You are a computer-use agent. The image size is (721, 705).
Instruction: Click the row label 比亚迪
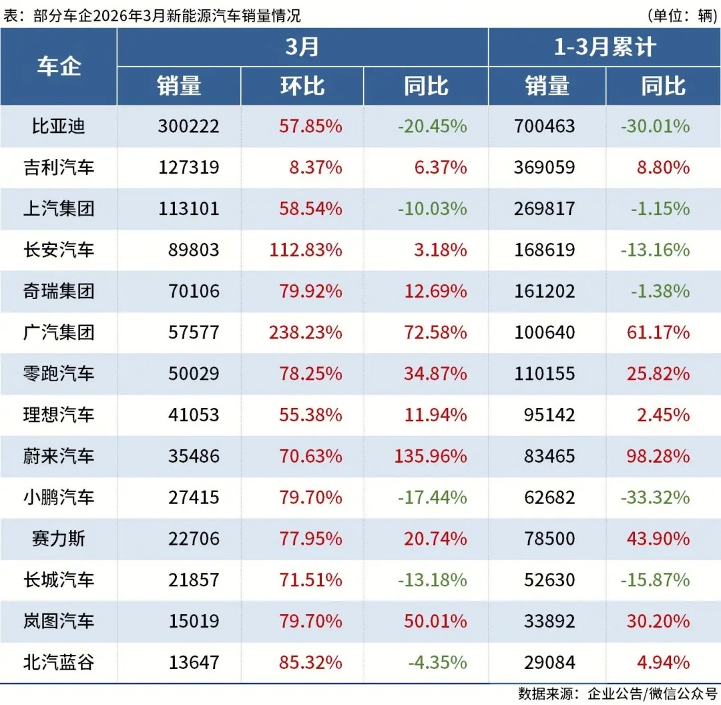pos(59,126)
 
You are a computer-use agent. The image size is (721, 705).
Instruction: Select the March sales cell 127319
pos(189,167)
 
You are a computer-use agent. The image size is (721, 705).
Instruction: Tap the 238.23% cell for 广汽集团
pos(306,332)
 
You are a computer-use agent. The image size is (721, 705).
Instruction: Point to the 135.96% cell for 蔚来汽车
pos(427,456)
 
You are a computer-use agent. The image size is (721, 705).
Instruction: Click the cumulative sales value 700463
pos(544,126)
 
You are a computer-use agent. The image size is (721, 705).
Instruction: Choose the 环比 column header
pos(302,85)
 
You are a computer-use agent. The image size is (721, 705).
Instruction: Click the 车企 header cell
pos(59,67)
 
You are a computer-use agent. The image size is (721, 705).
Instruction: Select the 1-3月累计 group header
pos(605,47)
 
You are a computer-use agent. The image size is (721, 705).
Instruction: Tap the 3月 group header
pos(302,47)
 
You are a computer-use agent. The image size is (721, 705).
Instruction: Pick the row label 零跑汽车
pos(59,373)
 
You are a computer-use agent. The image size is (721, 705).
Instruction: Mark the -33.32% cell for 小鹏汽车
pos(655,497)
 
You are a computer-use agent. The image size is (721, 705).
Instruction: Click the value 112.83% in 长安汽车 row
pos(306,250)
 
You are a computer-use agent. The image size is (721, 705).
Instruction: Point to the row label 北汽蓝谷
pos(59,662)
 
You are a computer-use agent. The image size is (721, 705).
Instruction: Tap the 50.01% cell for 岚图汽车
pos(435,621)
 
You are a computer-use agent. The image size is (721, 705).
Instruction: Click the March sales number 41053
pos(194,415)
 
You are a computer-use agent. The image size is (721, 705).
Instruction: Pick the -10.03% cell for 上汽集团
pos(432,208)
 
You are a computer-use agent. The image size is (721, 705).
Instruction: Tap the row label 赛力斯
pos(59,539)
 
